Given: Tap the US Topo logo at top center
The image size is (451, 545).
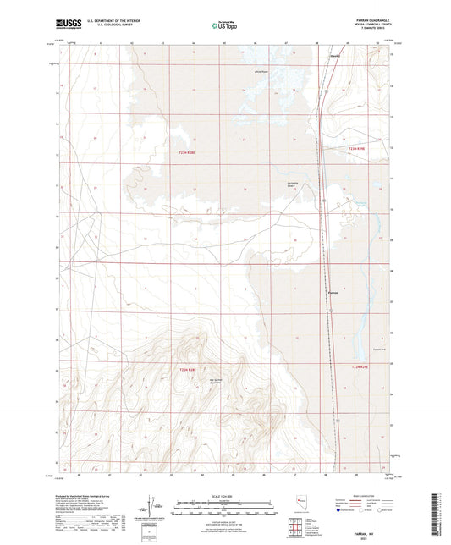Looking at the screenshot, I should click(224, 25).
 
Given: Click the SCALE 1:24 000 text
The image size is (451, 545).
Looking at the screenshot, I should click(224, 497).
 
